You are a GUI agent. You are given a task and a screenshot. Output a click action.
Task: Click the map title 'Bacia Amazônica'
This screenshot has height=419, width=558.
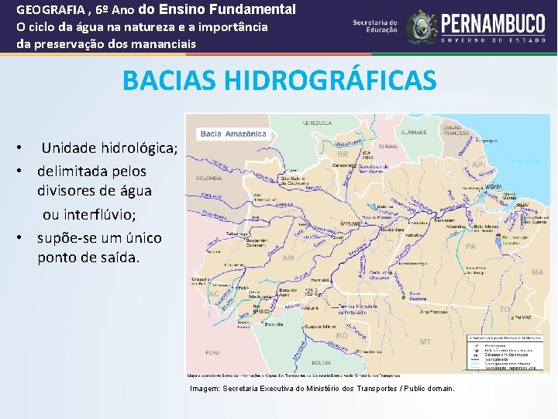233,133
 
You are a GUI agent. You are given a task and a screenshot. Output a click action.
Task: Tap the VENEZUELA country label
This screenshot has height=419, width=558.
317,123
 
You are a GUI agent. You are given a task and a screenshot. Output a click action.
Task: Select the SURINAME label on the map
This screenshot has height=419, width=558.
414,132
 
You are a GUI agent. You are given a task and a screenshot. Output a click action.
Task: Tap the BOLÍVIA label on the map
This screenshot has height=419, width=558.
321,362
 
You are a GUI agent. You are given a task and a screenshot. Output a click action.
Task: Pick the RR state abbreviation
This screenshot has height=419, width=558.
343,154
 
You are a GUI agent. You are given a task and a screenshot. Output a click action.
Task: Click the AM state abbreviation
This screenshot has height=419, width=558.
288,258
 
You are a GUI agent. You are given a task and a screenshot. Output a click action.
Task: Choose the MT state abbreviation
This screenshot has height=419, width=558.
425,341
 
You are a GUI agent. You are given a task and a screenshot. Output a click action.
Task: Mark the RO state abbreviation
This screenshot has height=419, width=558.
342,336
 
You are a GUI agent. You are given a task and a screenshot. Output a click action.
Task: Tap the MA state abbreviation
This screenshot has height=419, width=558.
537,272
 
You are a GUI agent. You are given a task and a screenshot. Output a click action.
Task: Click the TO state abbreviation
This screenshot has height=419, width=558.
505,309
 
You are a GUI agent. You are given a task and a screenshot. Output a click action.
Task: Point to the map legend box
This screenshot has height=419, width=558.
501,351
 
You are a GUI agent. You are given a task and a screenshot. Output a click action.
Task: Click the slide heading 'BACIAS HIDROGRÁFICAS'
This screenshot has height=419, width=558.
279,80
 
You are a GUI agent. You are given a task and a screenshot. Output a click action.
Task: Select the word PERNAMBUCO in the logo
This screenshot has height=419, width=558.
494,23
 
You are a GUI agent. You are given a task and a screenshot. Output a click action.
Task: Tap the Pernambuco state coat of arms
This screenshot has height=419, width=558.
422,26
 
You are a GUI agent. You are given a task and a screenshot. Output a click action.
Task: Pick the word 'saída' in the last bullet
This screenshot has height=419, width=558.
117,258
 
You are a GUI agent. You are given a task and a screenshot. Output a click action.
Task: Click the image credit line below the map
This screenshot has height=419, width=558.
322,388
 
